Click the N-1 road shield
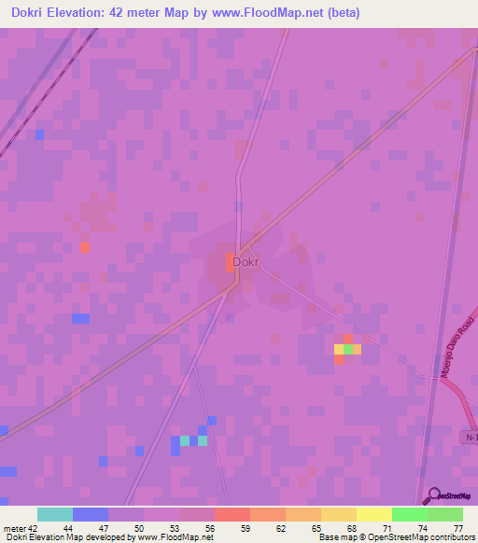click(x=471, y=437)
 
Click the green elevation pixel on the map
click(x=348, y=349)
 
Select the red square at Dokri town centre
click(x=230, y=262)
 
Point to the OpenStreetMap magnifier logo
click(x=430, y=495)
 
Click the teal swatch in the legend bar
click(x=54, y=514)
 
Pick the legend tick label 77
click(x=457, y=527)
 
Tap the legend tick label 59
click(x=245, y=527)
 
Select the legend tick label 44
click(x=68, y=527)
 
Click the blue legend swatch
click(x=90, y=514)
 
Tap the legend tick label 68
click(x=351, y=527)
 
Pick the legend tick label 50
click(x=139, y=527)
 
